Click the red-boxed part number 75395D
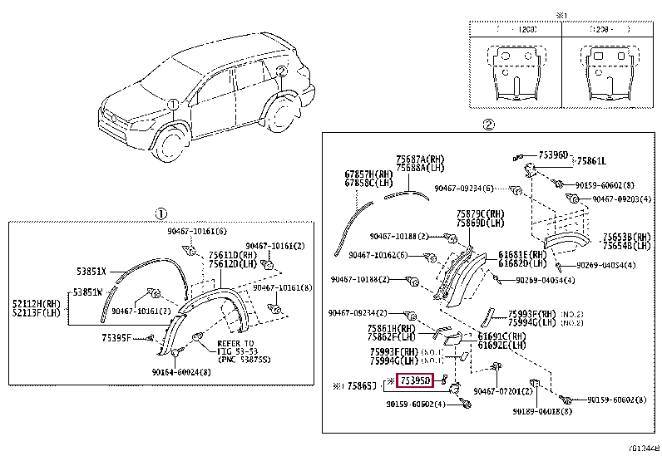(x=416, y=381)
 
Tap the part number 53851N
(x=87, y=292)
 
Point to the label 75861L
(x=592, y=161)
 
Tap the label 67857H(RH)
(x=368, y=174)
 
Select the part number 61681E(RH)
(x=523, y=254)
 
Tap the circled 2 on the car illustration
(x=281, y=71)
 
